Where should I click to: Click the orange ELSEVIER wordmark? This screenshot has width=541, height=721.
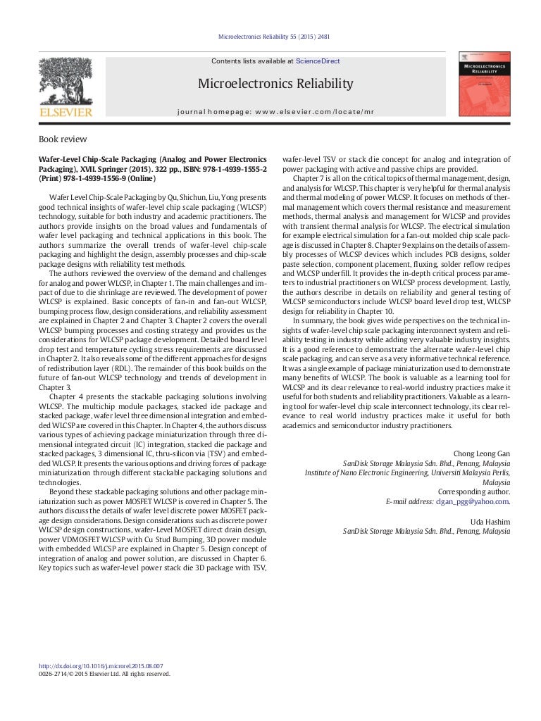click(65, 112)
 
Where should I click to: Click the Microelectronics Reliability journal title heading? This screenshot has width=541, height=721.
click(275, 84)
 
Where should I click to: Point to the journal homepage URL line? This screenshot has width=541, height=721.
click(275, 112)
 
